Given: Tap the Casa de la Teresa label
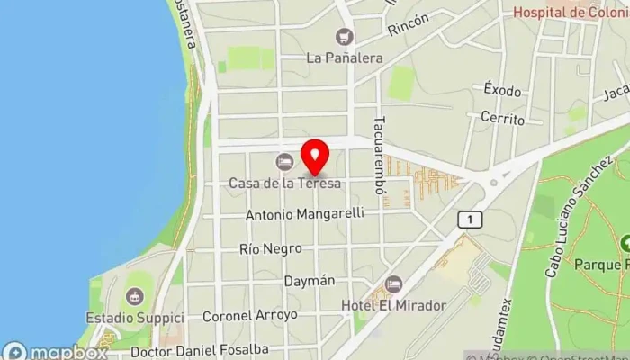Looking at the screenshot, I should pos(284,184).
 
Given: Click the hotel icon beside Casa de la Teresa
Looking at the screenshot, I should pos(284,162).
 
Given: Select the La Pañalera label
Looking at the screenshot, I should pos(345,58).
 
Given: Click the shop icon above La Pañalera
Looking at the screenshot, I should pos(343,37).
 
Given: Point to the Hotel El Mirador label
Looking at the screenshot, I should pos(393,306).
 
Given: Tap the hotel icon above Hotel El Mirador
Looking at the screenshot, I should pos(393,284).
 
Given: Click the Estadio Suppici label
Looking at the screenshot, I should pos(135,319).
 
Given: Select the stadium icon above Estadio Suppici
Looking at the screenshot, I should pos(135,297).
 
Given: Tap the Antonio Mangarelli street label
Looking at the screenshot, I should pos(305,214).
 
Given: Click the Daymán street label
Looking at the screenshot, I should pos(310,281).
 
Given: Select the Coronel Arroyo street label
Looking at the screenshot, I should pos(249,316).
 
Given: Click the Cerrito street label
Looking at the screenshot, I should pos(502,118).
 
